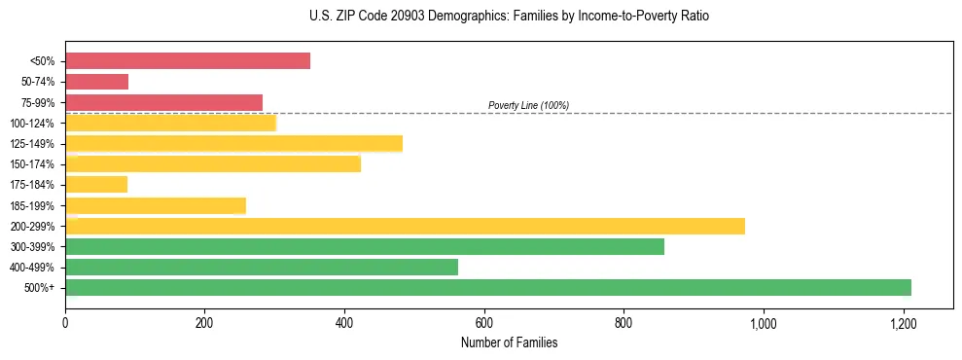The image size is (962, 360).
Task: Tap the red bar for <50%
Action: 188,60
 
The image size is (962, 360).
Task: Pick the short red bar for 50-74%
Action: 96,82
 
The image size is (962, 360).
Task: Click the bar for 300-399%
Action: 365,246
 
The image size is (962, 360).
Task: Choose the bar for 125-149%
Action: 233,143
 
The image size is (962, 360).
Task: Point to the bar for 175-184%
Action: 96,184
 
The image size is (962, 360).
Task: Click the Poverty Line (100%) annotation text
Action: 528,105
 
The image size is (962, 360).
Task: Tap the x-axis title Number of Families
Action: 509,342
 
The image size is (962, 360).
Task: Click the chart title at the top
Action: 509,17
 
